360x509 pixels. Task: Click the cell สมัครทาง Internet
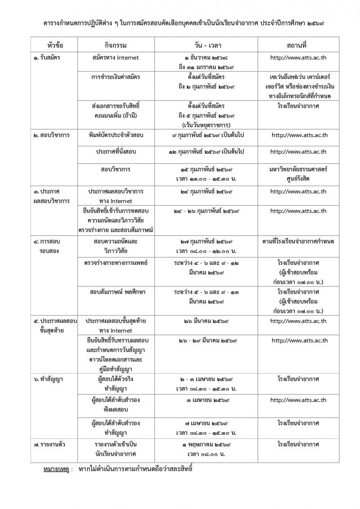(x=115, y=58)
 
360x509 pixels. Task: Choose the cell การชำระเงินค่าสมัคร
(x=115, y=77)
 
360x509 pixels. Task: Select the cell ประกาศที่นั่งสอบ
(x=115, y=152)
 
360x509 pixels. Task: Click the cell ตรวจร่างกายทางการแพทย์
(x=116, y=262)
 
